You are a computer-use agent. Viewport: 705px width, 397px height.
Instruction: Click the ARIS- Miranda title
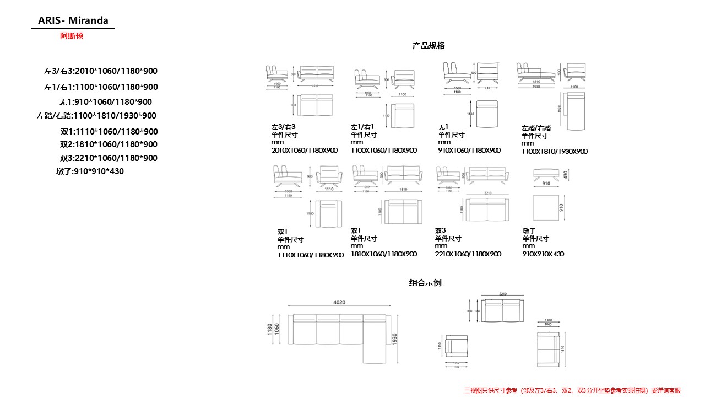point(73,21)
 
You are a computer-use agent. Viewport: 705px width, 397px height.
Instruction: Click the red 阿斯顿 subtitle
point(72,36)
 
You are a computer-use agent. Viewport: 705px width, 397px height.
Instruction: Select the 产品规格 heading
point(429,46)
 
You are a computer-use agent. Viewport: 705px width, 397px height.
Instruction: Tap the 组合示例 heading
point(425,283)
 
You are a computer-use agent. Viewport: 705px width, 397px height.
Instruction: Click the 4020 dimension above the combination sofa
point(339,302)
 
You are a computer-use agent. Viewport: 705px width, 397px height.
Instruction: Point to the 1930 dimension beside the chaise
point(394,340)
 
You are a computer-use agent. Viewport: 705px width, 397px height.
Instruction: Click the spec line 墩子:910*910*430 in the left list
point(90,171)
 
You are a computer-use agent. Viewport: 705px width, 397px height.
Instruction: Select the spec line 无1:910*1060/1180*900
point(105,102)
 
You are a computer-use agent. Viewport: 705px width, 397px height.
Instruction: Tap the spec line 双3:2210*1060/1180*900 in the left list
point(109,158)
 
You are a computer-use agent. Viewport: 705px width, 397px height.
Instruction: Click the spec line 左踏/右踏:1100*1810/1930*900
point(96,116)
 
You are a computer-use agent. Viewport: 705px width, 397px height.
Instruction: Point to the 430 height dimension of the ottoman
point(565,174)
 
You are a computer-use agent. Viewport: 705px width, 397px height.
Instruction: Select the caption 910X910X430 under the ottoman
point(543,254)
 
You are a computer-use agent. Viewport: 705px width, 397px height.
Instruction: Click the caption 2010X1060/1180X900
point(304,150)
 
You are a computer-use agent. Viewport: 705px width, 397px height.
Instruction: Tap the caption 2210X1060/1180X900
point(468,254)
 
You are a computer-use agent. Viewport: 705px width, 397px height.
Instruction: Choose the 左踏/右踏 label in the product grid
point(536,128)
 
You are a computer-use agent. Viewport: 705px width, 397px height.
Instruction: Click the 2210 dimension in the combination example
point(502,294)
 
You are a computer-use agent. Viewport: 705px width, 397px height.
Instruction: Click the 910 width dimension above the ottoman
point(546,184)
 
